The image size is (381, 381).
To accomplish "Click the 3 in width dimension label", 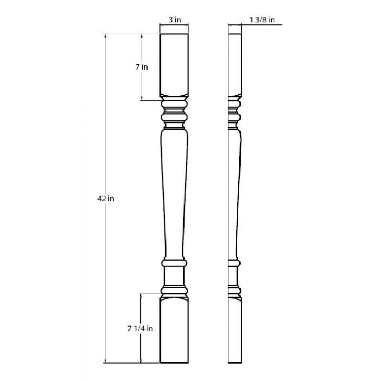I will point(174,20).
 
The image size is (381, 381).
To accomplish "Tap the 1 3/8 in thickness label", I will point(262,20).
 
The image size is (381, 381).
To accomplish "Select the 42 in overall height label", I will point(106,199).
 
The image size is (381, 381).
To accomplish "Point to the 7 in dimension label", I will point(142,67).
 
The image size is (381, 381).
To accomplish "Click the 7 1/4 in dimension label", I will point(140,328).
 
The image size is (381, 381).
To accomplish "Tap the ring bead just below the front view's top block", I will point(174,103).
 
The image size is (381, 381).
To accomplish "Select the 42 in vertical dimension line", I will point(105,136).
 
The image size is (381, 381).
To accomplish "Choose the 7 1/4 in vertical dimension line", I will point(142,310).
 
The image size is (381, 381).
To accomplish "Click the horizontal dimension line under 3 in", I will point(174,26).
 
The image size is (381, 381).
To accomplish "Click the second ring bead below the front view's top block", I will point(174,116).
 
